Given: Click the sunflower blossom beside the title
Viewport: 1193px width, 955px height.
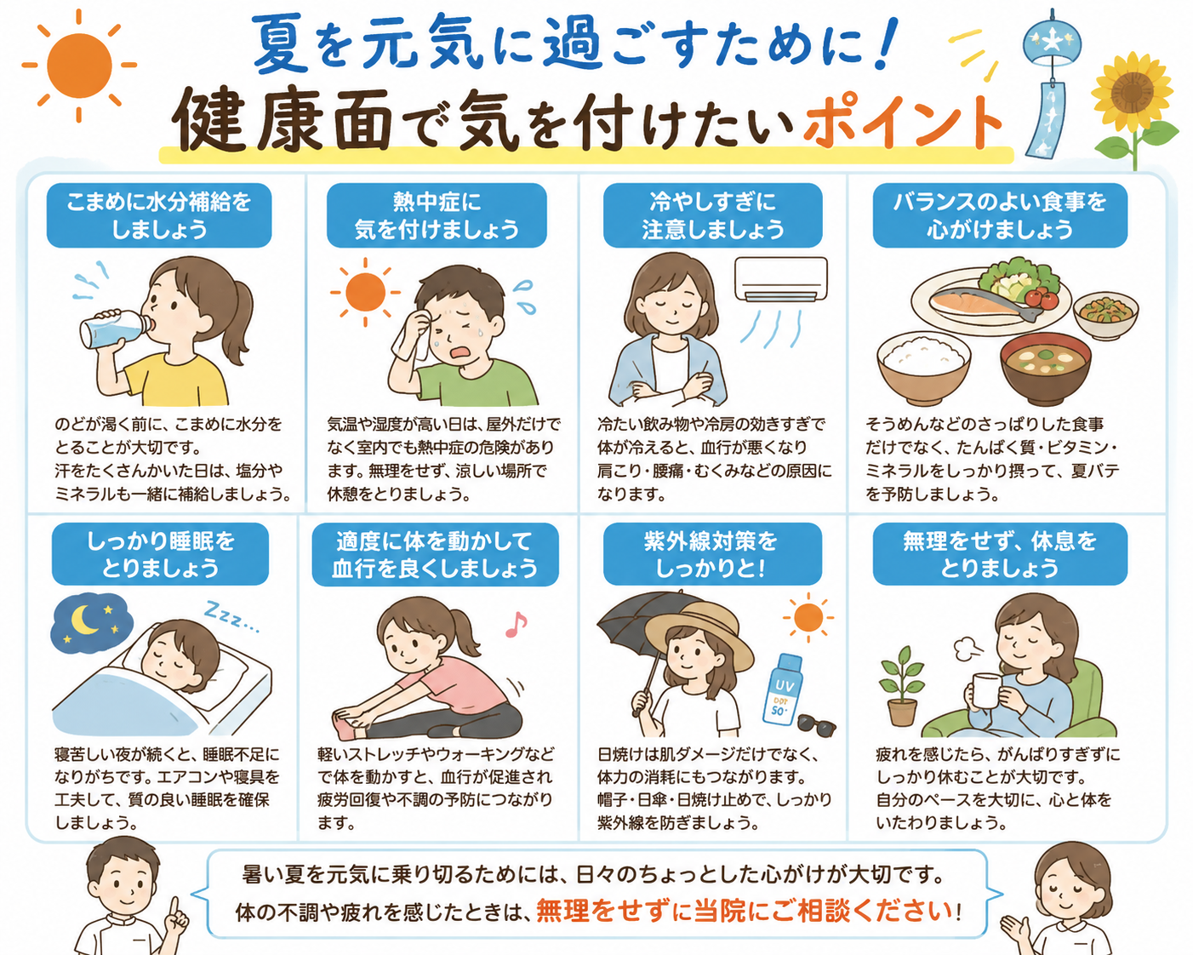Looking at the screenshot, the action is pyautogui.click(x=1133, y=92).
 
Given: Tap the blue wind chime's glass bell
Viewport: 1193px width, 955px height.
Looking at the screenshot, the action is pyautogui.click(x=1051, y=43).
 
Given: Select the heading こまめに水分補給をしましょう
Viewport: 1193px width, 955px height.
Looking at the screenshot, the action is pyautogui.click(x=159, y=215).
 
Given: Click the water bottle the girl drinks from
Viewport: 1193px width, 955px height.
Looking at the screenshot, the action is pyautogui.click(x=115, y=329).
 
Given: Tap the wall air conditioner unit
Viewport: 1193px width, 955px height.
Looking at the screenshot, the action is pyautogui.click(x=780, y=279).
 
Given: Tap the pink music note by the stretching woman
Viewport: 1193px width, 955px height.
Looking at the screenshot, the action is pyautogui.click(x=516, y=624).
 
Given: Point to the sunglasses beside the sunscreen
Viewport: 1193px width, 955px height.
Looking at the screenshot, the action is pyautogui.click(x=817, y=725).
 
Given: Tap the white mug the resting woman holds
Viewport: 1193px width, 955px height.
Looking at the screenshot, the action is pyautogui.click(x=987, y=690).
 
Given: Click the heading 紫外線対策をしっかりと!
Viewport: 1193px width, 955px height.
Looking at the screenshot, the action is pyautogui.click(x=711, y=554).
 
